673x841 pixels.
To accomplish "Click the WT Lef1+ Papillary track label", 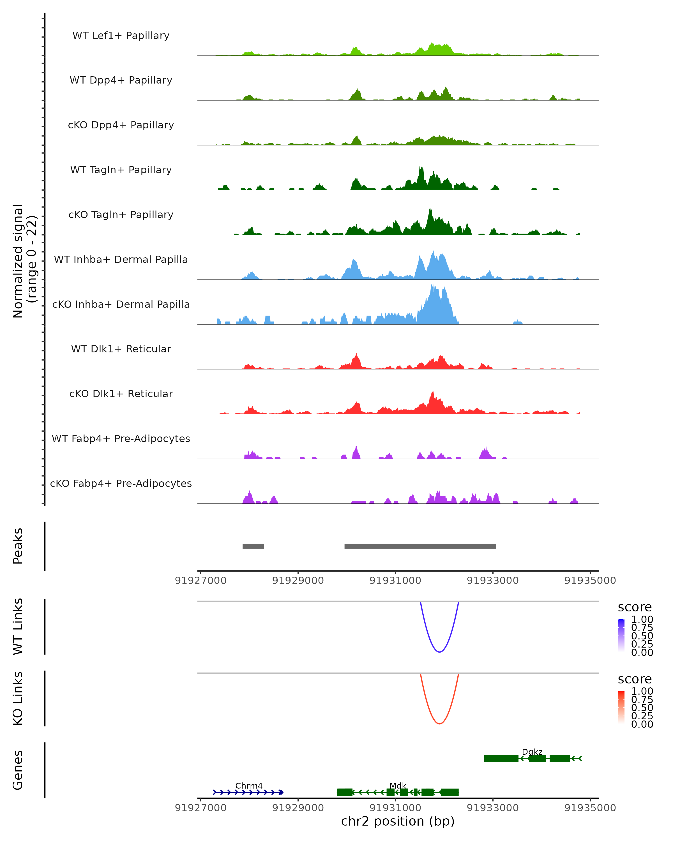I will click(121, 36).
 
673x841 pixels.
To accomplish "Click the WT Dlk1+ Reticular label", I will click(121, 349).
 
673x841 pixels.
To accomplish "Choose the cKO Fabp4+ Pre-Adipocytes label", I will click(121, 483).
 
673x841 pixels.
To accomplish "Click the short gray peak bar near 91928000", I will click(253, 546).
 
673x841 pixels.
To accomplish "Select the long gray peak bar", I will click(420, 546).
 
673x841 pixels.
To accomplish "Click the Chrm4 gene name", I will click(249, 785).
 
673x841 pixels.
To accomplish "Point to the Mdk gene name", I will click(398, 785).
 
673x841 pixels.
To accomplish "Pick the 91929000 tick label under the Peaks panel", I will click(298, 581).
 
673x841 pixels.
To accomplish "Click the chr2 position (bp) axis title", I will click(398, 821).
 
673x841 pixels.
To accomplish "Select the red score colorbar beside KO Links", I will click(621, 707).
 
